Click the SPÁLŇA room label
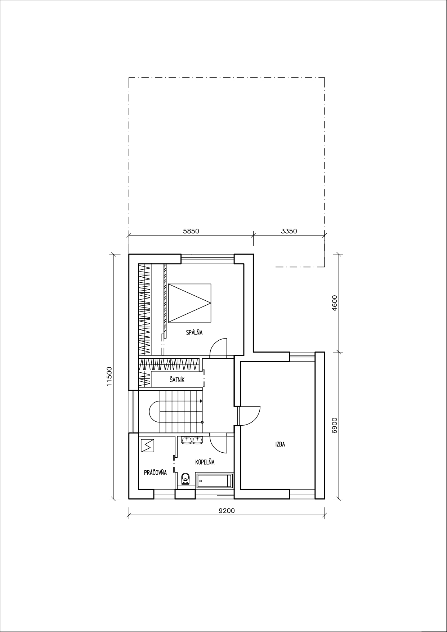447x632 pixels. [x=194, y=333]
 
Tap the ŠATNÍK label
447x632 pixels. [x=177, y=380]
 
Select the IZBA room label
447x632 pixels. [x=280, y=444]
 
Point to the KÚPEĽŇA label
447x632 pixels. [x=205, y=462]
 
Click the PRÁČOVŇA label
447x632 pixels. [x=155, y=472]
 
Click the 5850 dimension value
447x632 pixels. [x=191, y=231]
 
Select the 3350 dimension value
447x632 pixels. [x=289, y=231]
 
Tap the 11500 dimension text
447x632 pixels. [x=110, y=376]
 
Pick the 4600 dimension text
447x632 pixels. [x=334, y=303]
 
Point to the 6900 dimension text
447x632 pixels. [x=334, y=425]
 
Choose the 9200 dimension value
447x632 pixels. [x=227, y=511]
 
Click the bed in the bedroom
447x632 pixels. [x=189, y=303]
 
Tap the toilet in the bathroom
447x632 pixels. [x=185, y=479]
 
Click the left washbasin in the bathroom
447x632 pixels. [x=187, y=440]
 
